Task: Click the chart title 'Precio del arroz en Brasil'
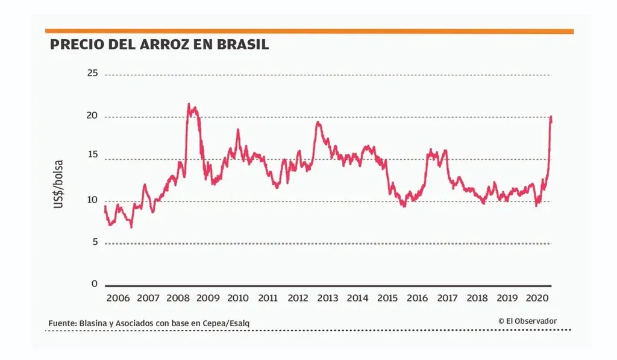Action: click(159, 45)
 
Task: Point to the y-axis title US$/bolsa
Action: click(58, 185)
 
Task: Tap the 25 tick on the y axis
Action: click(92, 74)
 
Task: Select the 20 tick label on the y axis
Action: click(92, 116)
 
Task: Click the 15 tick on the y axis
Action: click(92, 158)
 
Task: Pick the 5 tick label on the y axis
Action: click(94, 242)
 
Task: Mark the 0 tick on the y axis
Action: click(94, 283)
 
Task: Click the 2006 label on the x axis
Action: click(118, 298)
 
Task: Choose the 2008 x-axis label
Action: click(178, 298)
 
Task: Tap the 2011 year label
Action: click(268, 298)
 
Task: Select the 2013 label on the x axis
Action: click(327, 298)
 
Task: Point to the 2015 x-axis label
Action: click(387, 298)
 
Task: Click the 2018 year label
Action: click(477, 298)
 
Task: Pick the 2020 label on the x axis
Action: click(537, 298)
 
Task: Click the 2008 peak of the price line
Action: click(189, 104)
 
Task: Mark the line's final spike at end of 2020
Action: click(551, 117)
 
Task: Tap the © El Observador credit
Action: click(527, 321)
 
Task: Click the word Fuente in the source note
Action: click(62, 324)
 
